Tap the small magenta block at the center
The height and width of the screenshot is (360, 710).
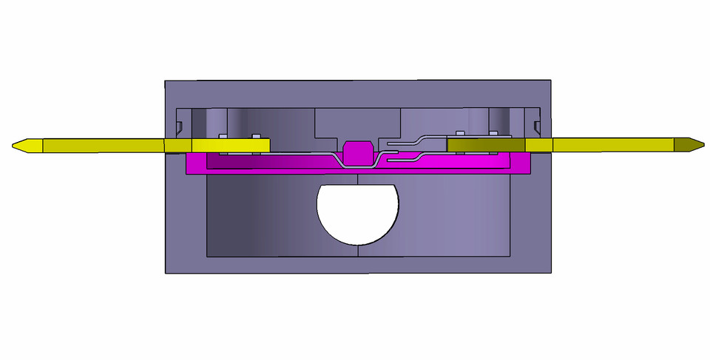pyautogui.click(x=358, y=152)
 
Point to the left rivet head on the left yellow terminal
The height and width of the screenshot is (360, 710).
pyautogui.click(x=222, y=137)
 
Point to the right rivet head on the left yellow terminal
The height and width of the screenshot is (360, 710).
pyautogui.click(x=255, y=137)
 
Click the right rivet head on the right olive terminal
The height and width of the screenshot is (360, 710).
pyautogui.click(x=494, y=135)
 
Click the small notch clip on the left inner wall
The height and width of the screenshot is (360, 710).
pyautogui.click(x=179, y=123)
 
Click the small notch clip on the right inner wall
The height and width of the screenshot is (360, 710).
pyautogui.click(x=537, y=122)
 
